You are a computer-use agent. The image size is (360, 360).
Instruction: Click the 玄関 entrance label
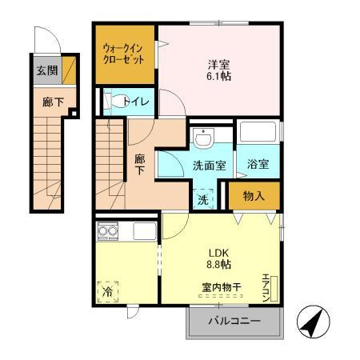coord(47,70)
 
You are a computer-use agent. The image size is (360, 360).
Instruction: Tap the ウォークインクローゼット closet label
coord(123,54)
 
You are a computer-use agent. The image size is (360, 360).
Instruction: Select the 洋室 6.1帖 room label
coord(218,70)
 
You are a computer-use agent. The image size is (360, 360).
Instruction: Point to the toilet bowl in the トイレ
coord(114,102)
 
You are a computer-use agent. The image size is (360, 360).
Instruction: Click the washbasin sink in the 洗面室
coord(203,138)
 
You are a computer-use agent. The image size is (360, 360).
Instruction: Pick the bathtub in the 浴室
coord(258,132)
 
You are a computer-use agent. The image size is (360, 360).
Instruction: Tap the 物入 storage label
coord(254,196)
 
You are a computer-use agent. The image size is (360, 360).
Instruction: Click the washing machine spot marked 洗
coord(203,199)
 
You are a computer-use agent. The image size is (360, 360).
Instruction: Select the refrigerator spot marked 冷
coord(108,292)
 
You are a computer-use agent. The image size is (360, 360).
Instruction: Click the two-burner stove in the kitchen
coord(108,230)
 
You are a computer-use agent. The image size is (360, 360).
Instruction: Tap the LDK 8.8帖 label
coord(218,258)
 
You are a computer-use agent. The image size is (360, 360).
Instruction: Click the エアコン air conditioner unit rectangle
coord(274,289)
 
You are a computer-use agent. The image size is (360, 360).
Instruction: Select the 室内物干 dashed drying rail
coord(221,296)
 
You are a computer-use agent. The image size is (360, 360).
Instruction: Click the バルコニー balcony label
coord(234,321)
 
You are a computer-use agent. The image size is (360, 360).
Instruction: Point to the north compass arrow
coord(313,322)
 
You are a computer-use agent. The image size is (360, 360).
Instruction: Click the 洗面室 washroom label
coord(210,166)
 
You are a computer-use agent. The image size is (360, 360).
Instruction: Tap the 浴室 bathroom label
coord(258,164)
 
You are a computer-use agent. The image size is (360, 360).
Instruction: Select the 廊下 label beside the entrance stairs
coord(53,102)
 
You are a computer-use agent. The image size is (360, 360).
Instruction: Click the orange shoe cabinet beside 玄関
coord(69,70)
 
